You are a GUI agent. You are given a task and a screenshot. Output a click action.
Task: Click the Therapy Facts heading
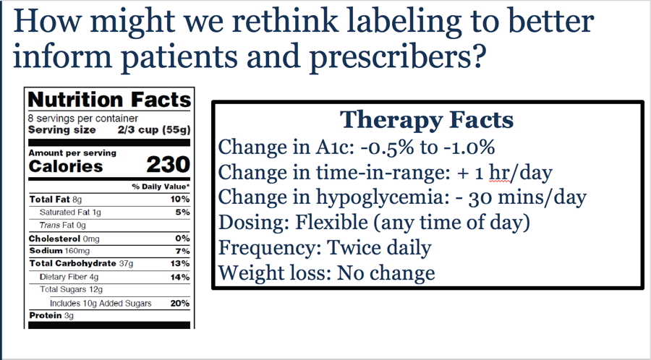427,120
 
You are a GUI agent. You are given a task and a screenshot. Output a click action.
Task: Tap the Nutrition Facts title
109,100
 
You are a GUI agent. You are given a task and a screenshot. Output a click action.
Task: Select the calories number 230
168,165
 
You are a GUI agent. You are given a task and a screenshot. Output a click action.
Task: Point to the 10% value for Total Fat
180,200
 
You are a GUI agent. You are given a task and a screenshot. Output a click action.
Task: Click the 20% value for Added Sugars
180,303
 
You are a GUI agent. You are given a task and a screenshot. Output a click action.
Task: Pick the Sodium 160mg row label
59,251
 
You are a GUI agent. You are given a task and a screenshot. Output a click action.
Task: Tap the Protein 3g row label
51,316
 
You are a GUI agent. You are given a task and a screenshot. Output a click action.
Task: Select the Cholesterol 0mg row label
64,239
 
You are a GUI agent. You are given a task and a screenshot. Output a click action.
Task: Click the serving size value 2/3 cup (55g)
154,130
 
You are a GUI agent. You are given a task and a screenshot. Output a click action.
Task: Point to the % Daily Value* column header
161,187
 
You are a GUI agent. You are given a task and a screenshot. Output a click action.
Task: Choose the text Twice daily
380,248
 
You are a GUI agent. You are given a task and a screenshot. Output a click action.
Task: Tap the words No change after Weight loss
386,273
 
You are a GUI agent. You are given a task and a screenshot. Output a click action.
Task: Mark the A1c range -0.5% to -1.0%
427,147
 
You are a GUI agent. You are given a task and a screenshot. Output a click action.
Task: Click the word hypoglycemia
380,198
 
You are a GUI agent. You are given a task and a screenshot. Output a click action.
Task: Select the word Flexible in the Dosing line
331,223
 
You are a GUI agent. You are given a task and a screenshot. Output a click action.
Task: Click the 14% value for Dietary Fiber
180,277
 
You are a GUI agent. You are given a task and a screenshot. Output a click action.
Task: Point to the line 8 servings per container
83,119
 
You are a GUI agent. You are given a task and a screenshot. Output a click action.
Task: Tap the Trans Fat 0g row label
63,226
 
